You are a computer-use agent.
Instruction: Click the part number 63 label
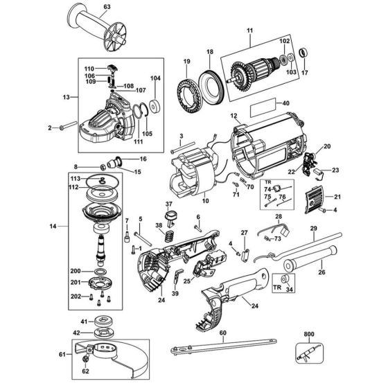pyautogui.click(x=105, y=8)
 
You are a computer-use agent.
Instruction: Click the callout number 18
pyautogui.click(x=210, y=52)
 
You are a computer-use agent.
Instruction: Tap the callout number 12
pyautogui.click(x=234, y=116)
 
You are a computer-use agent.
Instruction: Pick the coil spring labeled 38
pyautogui.click(x=167, y=237)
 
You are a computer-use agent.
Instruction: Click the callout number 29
pyautogui.click(x=313, y=229)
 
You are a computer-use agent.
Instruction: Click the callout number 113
pyautogui.click(x=75, y=179)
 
